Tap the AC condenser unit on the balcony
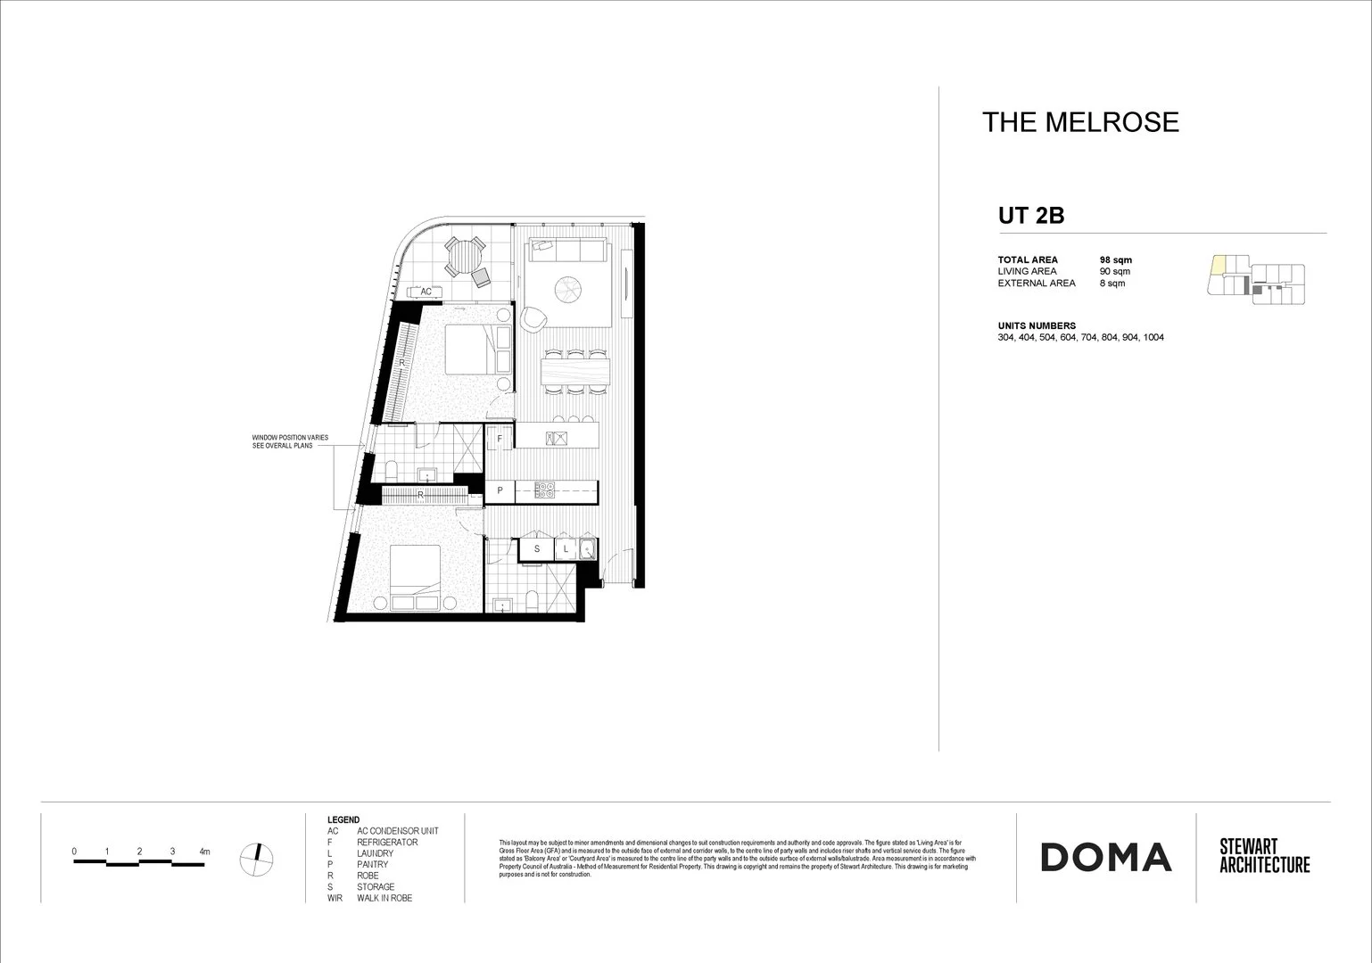click(x=426, y=292)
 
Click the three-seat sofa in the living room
click(x=568, y=251)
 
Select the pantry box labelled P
click(x=500, y=490)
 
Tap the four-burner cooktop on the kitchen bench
click(x=545, y=490)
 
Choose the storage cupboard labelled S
click(x=536, y=549)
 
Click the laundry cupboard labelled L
click(x=566, y=549)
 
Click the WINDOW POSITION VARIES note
click(x=290, y=441)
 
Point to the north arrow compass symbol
click(x=257, y=858)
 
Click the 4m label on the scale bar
click(x=204, y=852)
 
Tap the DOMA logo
click(x=1105, y=857)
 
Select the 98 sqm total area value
click(x=1116, y=259)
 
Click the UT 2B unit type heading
click(x=1031, y=216)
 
